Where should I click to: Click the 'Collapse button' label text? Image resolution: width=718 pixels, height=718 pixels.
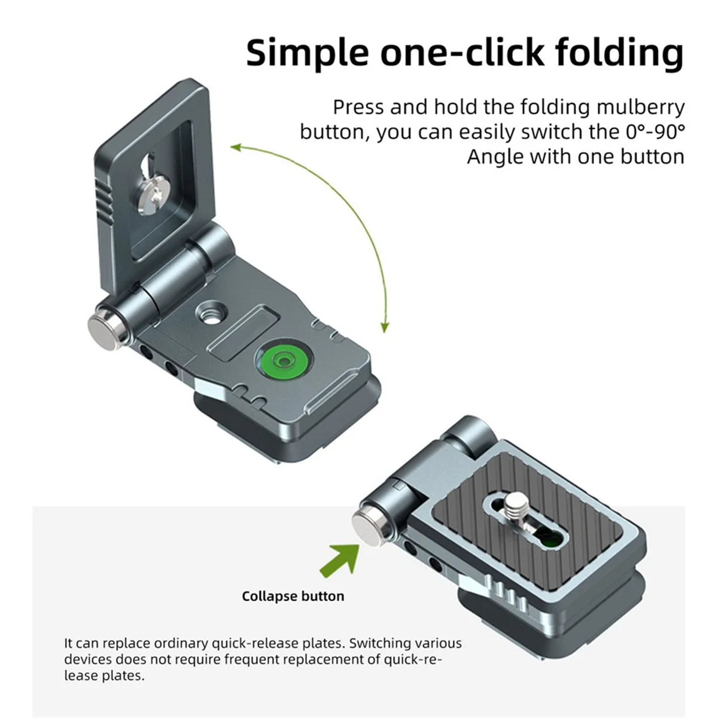(x=293, y=596)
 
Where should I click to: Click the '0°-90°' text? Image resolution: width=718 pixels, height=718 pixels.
(x=655, y=132)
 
